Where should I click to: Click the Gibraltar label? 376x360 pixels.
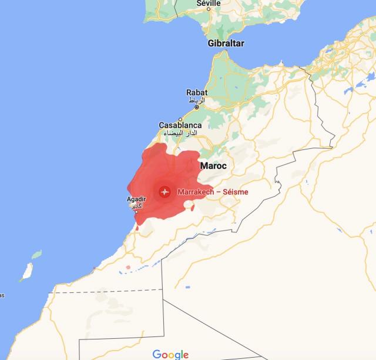coord(226,44)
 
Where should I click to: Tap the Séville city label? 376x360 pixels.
coord(209,3)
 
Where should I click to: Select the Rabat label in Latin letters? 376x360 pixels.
coord(197,92)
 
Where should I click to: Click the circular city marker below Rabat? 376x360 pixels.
coord(197,108)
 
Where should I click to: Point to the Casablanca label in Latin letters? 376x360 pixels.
coord(180,125)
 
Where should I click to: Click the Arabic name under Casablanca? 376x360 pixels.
coord(180,134)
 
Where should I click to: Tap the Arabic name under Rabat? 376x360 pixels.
coord(197,101)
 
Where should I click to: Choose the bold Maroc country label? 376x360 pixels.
coord(213,166)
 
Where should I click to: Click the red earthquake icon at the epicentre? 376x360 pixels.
coord(164,192)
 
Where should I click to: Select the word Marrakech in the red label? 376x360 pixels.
coord(194,192)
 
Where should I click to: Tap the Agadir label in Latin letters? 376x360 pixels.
coord(136,199)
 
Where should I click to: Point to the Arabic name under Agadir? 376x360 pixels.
coord(136,206)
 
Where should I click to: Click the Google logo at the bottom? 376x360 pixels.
coord(170,354)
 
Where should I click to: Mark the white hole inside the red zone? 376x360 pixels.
coord(189,205)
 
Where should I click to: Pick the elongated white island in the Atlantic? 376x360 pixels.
coord(26,271)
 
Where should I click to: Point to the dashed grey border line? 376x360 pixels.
coord(106,290)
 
